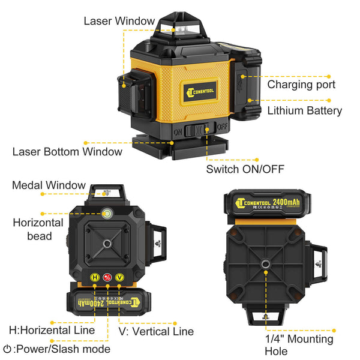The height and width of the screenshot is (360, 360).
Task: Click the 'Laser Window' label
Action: tap(119, 21)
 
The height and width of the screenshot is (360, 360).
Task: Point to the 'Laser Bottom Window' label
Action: tap(67, 151)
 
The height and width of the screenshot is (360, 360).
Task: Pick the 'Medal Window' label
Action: tap(49, 185)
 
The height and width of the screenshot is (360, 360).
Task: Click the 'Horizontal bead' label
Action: tap(37, 229)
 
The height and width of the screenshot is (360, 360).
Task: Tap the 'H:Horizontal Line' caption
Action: tap(52, 330)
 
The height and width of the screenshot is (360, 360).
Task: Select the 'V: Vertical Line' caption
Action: tap(155, 331)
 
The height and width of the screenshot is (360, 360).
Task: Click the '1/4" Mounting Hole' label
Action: tap(299, 345)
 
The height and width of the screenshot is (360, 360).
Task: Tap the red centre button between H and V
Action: tap(107, 277)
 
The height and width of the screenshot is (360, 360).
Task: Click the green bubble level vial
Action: tap(107, 212)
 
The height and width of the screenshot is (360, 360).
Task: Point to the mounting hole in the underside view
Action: tap(265, 263)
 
